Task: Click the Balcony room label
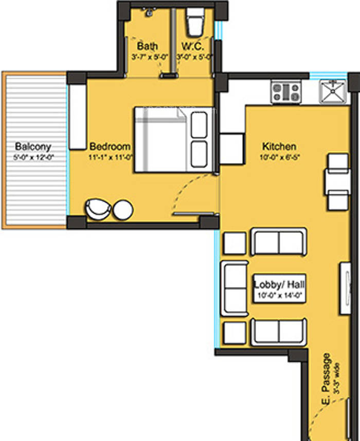pos(33,146)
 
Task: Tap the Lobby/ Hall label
pos(278,284)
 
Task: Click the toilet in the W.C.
pos(195,21)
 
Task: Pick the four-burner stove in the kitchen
pos(286,92)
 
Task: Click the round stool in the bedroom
pos(123,210)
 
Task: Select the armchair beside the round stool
pos(98,209)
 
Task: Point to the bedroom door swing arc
pos(185,190)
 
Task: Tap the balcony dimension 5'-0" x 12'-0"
pos(34,157)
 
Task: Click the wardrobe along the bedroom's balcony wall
pos(77,117)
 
